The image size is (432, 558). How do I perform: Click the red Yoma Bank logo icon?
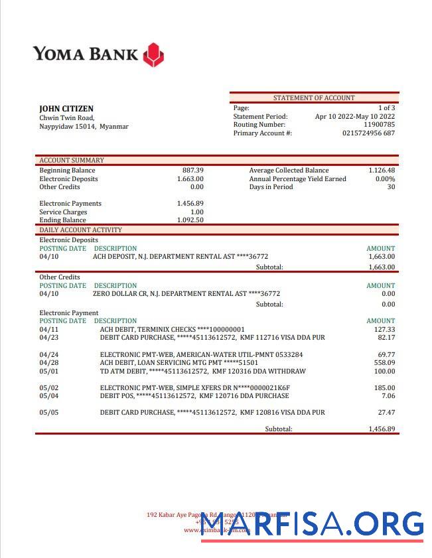[x=153, y=55]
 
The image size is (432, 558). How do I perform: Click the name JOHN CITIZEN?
[x=66, y=109]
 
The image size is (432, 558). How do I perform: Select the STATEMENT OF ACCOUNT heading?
[x=314, y=98]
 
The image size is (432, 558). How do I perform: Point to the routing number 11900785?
[x=379, y=125]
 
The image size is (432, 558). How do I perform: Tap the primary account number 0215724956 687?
[x=368, y=133]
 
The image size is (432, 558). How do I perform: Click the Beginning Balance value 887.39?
[x=192, y=171]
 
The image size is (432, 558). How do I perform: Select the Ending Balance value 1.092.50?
[x=190, y=220]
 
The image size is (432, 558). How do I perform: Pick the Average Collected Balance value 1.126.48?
[x=382, y=171]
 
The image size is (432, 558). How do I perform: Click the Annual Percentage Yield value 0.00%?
[x=385, y=179]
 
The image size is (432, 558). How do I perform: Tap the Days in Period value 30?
[x=391, y=187]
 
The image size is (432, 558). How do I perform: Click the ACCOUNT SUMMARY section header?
[x=72, y=160]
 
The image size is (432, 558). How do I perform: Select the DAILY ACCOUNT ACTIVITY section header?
[x=81, y=230]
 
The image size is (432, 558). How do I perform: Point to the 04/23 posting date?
[x=49, y=338]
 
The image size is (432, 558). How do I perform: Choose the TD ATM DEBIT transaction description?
[x=202, y=371]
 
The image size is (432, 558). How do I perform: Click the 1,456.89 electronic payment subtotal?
[x=382, y=429]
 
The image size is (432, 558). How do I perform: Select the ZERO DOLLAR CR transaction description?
[x=186, y=294]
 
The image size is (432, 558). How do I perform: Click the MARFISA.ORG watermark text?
[x=312, y=524]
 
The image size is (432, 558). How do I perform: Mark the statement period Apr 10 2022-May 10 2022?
[x=355, y=116]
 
